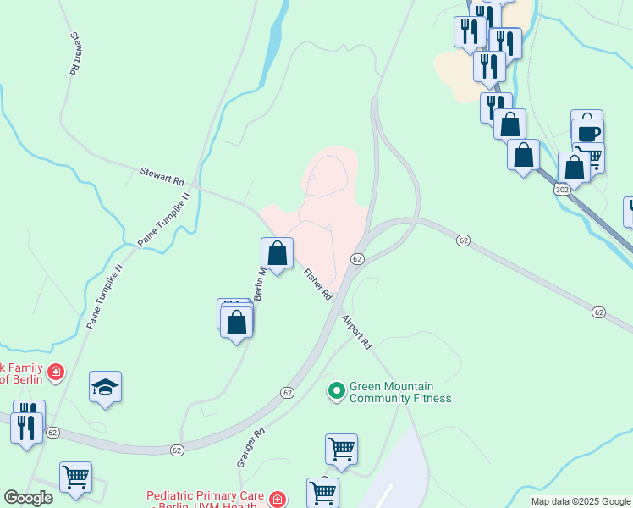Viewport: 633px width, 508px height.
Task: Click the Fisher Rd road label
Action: tap(317, 284)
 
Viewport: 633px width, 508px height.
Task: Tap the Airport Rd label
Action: tap(356, 333)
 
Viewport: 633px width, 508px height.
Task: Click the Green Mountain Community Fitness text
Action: tap(400, 392)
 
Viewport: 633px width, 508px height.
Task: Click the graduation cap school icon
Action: tap(105, 387)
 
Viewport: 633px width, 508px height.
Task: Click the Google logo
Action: tap(28, 498)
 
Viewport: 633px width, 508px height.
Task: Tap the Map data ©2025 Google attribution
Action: tap(581, 501)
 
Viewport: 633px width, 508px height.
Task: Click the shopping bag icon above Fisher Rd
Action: tap(277, 252)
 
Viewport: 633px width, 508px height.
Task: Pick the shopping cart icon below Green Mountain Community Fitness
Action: tap(341, 448)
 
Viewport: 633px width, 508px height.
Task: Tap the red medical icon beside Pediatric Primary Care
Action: tap(277, 500)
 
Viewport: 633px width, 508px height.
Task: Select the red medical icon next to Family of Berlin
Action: tap(56, 372)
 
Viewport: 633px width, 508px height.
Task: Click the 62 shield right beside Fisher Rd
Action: tap(357, 258)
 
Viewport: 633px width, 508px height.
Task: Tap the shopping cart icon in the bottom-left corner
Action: tap(75, 477)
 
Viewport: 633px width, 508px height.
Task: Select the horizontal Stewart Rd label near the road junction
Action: tap(162, 176)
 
